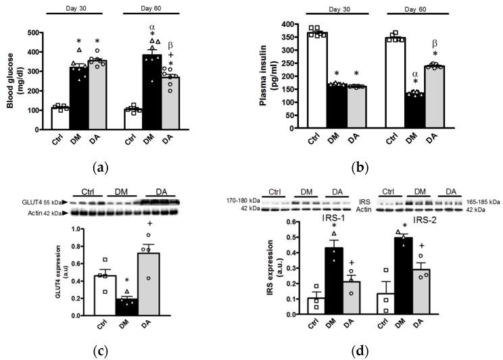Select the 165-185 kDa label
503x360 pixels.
point(481,201)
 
